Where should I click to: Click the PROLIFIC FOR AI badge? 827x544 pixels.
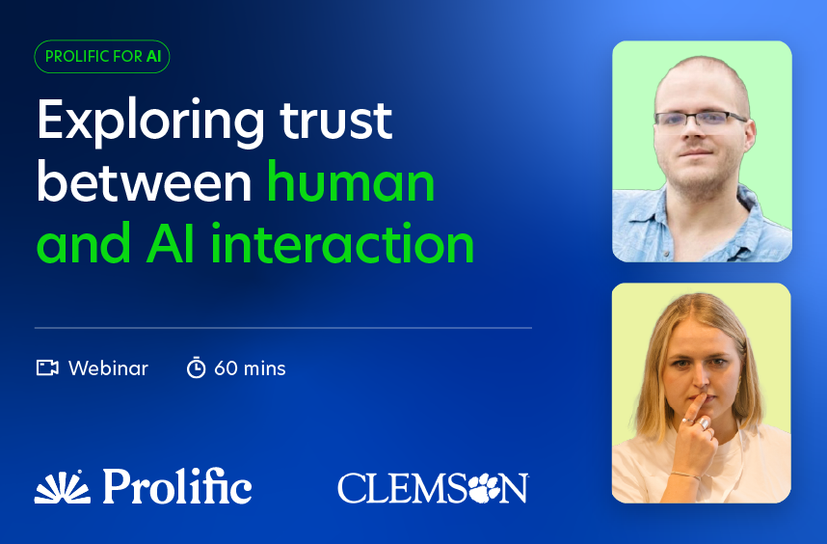(x=102, y=57)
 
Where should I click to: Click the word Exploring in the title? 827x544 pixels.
(x=150, y=122)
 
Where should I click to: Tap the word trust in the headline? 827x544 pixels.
(x=336, y=121)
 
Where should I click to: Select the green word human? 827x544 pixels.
(x=351, y=182)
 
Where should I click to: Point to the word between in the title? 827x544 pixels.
(x=144, y=182)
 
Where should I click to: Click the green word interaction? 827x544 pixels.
(x=342, y=244)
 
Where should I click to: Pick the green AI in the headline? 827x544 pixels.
(x=170, y=244)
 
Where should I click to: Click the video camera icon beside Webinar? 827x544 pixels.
(x=47, y=367)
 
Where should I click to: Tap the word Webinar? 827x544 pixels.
(x=108, y=368)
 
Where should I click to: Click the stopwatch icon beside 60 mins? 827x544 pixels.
(x=196, y=367)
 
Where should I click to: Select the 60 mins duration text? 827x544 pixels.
(x=250, y=368)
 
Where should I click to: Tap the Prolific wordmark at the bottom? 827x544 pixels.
(x=176, y=486)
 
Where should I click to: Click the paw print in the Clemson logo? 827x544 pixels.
(x=484, y=489)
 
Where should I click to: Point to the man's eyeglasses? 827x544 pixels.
(x=702, y=119)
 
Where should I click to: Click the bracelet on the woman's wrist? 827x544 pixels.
(x=685, y=475)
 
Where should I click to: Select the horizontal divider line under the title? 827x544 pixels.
(x=283, y=328)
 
